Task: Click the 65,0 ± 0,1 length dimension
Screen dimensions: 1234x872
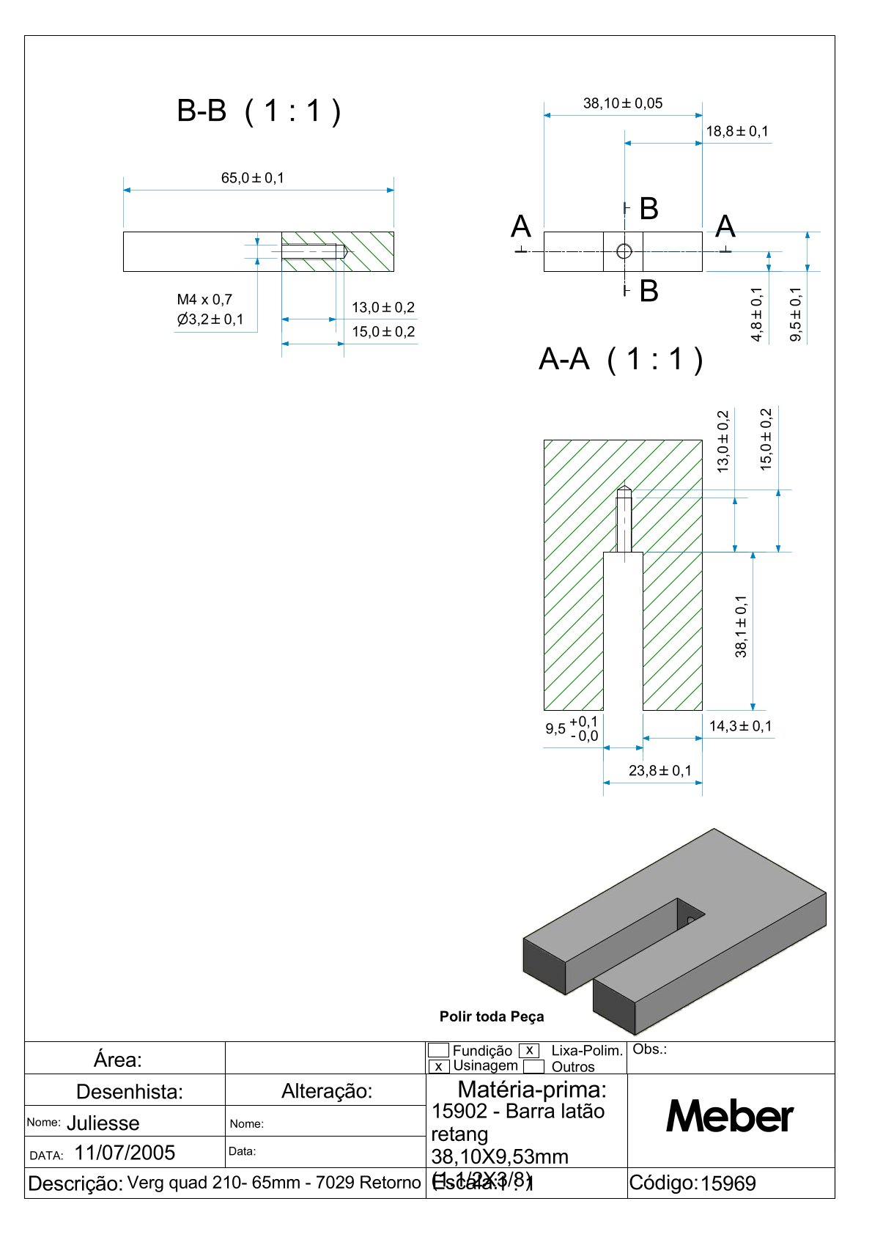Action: (253, 178)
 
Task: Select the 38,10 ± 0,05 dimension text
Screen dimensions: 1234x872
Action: (623, 103)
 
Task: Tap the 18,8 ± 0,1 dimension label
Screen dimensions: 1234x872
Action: (737, 131)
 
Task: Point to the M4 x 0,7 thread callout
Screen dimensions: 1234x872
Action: (204, 300)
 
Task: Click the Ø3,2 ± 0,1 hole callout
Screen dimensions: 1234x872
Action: (210, 319)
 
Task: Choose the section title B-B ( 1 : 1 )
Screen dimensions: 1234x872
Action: (259, 111)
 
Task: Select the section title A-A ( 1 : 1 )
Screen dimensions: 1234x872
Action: (621, 359)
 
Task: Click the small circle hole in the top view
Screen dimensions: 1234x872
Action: (624, 251)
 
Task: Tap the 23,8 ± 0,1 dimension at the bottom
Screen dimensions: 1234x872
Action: (659, 771)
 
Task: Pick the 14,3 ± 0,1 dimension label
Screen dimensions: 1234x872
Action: (740, 726)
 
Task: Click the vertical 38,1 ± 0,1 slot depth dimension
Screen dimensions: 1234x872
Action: (742, 626)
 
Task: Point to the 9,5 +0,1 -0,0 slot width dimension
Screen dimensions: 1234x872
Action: (572, 729)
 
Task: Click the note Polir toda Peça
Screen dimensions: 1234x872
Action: (492, 1016)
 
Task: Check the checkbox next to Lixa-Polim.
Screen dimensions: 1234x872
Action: (529, 1051)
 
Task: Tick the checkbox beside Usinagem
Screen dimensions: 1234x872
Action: (438, 1067)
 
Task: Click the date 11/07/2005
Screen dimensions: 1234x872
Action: (125, 1153)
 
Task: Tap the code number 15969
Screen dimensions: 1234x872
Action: (728, 1183)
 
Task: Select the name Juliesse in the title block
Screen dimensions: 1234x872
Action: (103, 1123)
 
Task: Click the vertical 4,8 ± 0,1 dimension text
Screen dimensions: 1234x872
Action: (757, 314)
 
